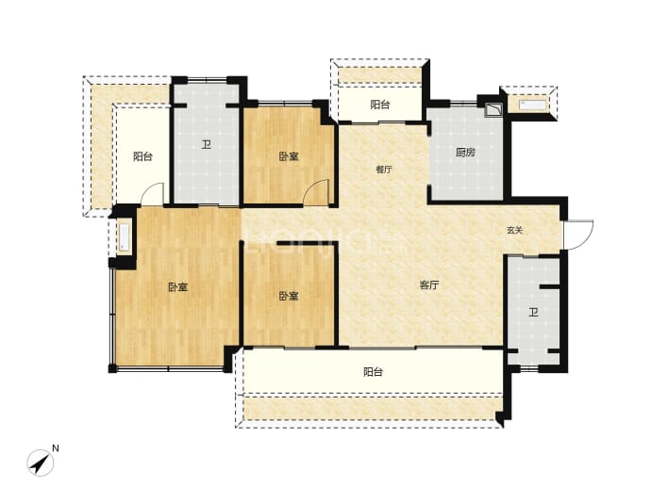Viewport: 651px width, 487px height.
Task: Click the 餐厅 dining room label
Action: click(383, 170)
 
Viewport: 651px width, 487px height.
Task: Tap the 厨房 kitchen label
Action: click(465, 153)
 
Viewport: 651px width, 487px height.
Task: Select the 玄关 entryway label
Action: click(514, 231)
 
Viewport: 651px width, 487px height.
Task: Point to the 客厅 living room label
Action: click(429, 285)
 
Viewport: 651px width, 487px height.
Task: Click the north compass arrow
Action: click(41, 463)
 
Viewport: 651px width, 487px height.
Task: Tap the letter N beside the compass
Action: click(56, 448)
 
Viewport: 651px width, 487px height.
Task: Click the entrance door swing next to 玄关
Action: click(578, 235)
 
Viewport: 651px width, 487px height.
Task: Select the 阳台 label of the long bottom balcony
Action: click(373, 372)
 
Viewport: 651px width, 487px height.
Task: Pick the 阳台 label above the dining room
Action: click(380, 105)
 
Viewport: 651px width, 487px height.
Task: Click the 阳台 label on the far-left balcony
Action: click(142, 156)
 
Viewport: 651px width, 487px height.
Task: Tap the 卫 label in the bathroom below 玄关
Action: click(533, 312)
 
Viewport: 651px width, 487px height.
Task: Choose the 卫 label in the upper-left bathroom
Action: click(207, 145)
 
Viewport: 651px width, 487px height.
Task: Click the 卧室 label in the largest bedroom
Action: click(178, 286)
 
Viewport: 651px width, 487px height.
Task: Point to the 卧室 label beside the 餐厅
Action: click(289, 156)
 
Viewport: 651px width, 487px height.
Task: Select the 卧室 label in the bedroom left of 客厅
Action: click(289, 296)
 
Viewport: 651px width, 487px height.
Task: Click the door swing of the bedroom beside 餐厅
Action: click(316, 192)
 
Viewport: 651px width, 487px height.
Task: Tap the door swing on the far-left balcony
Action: click(152, 194)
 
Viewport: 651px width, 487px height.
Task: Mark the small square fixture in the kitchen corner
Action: click(493, 109)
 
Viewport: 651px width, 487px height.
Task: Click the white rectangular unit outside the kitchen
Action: click(532, 105)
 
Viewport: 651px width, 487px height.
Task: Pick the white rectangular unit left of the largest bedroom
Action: click(125, 237)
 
